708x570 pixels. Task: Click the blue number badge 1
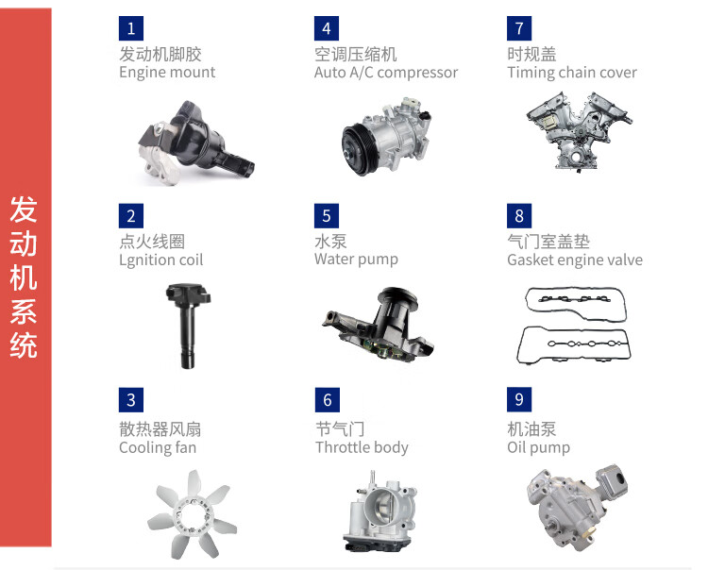(x=131, y=28)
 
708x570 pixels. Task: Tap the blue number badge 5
(x=327, y=216)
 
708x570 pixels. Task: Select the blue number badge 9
(x=519, y=399)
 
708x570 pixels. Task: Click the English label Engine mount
(x=167, y=73)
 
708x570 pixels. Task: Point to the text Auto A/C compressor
(x=386, y=73)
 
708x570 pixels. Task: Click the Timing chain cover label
(x=572, y=73)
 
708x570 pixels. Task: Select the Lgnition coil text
(x=161, y=260)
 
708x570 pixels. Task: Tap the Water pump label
(x=356, y=260)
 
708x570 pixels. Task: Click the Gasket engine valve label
(x=575, y=260)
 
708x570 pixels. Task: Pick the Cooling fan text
(x=158, y=447)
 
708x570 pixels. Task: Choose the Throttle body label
(x=362, y=447)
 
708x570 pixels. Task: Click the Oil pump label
(x=539, y=447)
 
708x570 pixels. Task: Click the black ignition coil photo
(x=188, y=326)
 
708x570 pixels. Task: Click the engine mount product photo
(x=196, y=142)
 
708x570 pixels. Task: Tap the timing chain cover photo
(x=580, y=131)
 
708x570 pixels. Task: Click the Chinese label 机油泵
(x=531, y=429)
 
